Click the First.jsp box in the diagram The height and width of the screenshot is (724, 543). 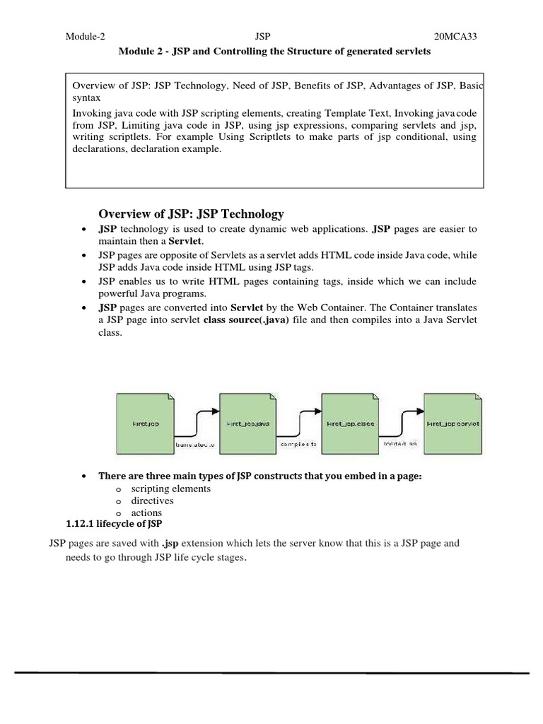tap(146, 424)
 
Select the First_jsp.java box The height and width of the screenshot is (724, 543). tap(247, 424)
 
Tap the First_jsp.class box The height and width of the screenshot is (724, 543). tap(350, 424)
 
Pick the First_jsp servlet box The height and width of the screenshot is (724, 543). tap(453, 424)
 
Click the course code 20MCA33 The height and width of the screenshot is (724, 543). tap(455, 36)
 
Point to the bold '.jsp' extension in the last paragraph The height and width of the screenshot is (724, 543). tap(169, 544)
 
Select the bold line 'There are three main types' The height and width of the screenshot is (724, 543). tap(259, 476)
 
